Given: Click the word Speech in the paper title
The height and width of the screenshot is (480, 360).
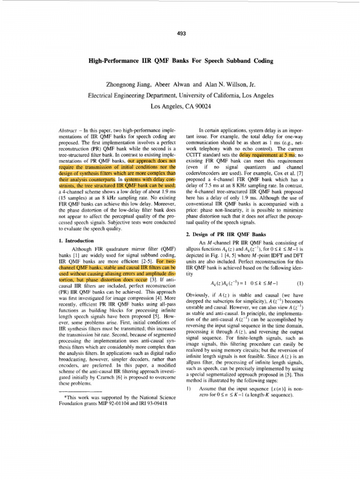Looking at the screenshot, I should (x=219, y=61).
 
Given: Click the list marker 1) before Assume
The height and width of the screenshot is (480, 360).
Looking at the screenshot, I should (x=188, y=389).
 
